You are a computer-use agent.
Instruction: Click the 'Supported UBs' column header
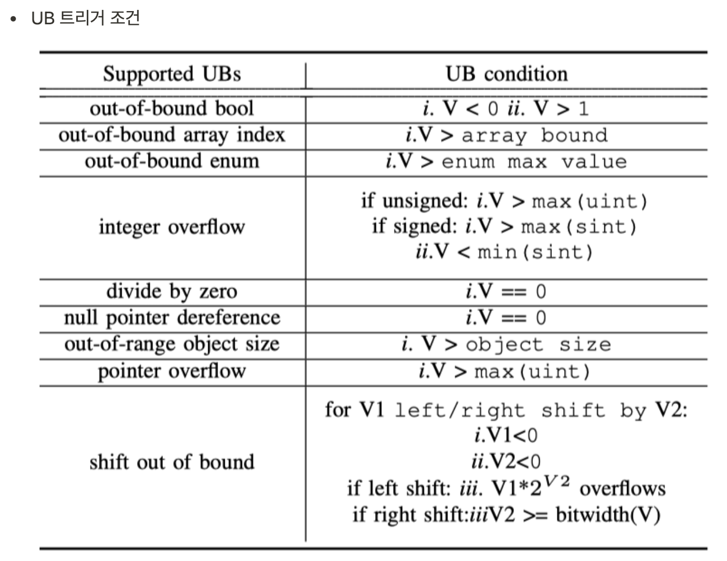pyautogui.click(x=172, y=74)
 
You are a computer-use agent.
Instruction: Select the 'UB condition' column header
pyautogui.click(x=507, y=74)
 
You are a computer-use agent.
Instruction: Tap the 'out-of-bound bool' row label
pyautogui.click(x=172, y=108)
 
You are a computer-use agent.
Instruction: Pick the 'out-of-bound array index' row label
pyautogui.click(x=172, y=135)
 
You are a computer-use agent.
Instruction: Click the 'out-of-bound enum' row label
pyautogui.click(x=172, y=161)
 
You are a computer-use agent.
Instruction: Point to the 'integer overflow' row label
pyautogui.click(x=172, y=227)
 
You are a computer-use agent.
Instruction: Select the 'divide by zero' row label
pyautogui.click(x=172, y=291)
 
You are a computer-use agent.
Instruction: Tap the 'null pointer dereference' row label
pyautogui.click(x=172, y=317)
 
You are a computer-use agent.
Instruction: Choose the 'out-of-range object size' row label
pyautogui.click(x=172, y=344)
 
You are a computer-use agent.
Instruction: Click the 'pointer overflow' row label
pyautogui.click(x=172, y=371)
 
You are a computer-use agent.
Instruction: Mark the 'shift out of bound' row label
pyautogui.click(x=172, y=462)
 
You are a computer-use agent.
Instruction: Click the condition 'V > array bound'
pyautogui.click(x=507, y=135)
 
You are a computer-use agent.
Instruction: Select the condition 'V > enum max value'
pyautogui.click(x=507, y=162)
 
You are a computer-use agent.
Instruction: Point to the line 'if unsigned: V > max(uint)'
pyautogui.click(x=504, y=202)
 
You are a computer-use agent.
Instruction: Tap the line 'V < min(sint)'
pyautogui.click(x=504, y=252)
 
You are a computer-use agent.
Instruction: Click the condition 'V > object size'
pyautogui.click(x=507, y=345)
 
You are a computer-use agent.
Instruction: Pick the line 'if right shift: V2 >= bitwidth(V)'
pyautogui.click(x=507, y=515)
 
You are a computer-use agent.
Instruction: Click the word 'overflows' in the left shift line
pyautogui.click(x=623, y=489)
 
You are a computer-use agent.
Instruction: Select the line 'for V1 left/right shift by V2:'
pyautogui.click(x=507, y=410)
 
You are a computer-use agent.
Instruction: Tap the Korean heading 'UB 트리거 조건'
pyautogui.click(x=86, y=18)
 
